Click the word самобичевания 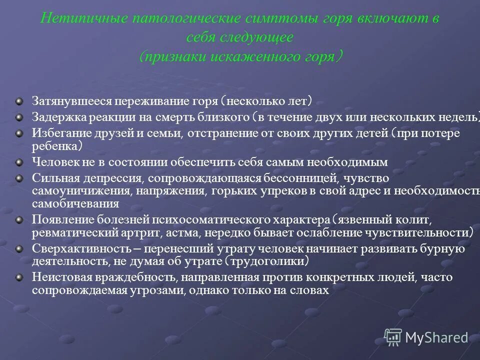(75, 204)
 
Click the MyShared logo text (437, 338)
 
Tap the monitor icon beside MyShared (393, 337)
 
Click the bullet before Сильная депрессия (19, 177)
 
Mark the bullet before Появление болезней (19, 219)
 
